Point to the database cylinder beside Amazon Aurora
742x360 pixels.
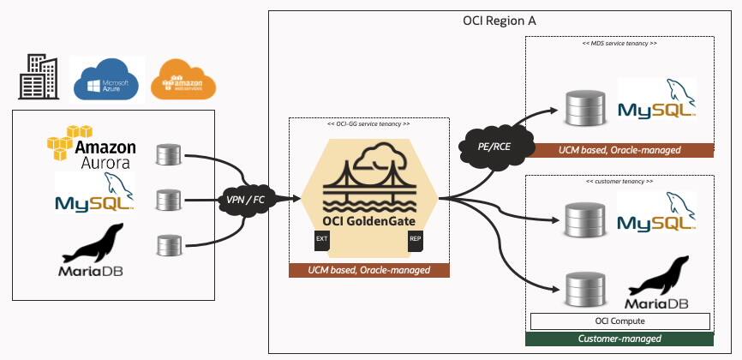tap(166, 155)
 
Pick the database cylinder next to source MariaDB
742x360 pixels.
tap(166, 246)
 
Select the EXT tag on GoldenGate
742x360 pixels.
tap(322, 238)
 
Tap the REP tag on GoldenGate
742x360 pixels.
tap(415, 238)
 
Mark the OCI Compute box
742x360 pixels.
tap(619, 321)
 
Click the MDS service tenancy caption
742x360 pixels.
tap(619, 41)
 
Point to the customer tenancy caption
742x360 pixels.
tap(619, 182)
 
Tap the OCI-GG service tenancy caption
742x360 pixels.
tap(368, 123)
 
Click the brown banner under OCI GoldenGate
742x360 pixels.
tap(368, 270)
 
